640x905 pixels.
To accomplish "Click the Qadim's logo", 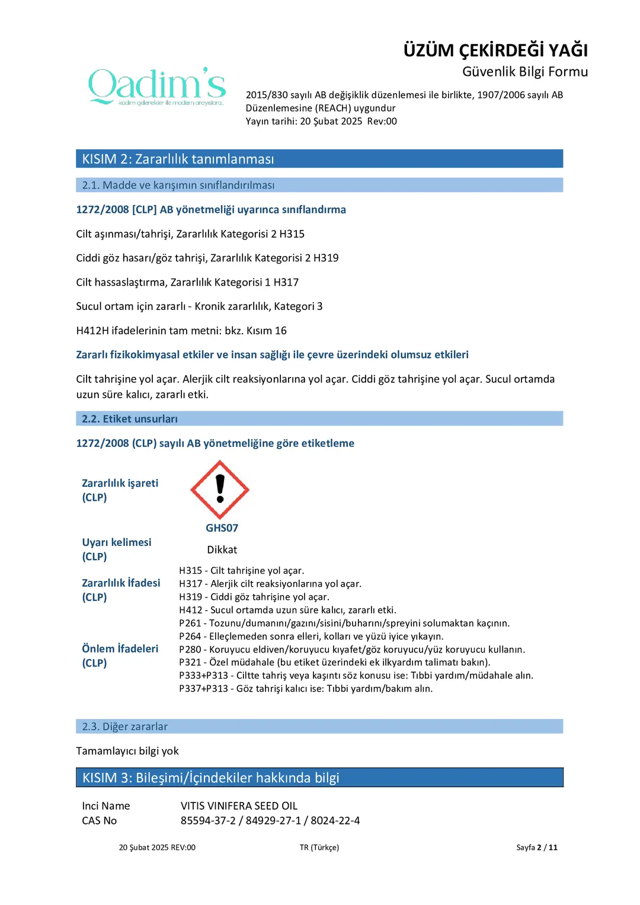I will click(157, 87).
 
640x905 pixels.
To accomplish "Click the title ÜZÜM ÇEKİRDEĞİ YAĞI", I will click(495, 50).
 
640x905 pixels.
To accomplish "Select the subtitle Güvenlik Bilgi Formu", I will click(525, 72).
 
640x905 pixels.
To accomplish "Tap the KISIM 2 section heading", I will click(178, 159).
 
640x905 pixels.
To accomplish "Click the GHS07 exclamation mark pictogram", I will click(220, 490).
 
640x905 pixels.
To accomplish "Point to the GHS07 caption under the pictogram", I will click(222, 528).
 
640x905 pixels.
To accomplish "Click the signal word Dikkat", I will click(222, 550).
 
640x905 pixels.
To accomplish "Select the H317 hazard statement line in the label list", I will click(270, 584).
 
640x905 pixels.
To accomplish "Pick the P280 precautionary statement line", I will click(352, 650).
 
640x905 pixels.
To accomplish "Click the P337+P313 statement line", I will click(306, 689).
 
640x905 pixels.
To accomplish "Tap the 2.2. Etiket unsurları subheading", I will click(130, 419).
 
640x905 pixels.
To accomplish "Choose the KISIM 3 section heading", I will click(210, 778).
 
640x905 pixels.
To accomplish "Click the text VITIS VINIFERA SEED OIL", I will click(239, 806).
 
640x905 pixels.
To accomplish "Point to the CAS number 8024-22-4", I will click(335, 821).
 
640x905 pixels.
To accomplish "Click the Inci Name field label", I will click(106, 806).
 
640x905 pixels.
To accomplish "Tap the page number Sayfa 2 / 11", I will click(536, 848).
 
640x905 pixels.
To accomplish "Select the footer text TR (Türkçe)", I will click(319, 848).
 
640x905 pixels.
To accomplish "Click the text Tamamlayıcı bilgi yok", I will click(127, 751).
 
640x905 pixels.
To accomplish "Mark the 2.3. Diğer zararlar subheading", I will click(125, 727).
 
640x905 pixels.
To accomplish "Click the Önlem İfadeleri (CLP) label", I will click(120, 655).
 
